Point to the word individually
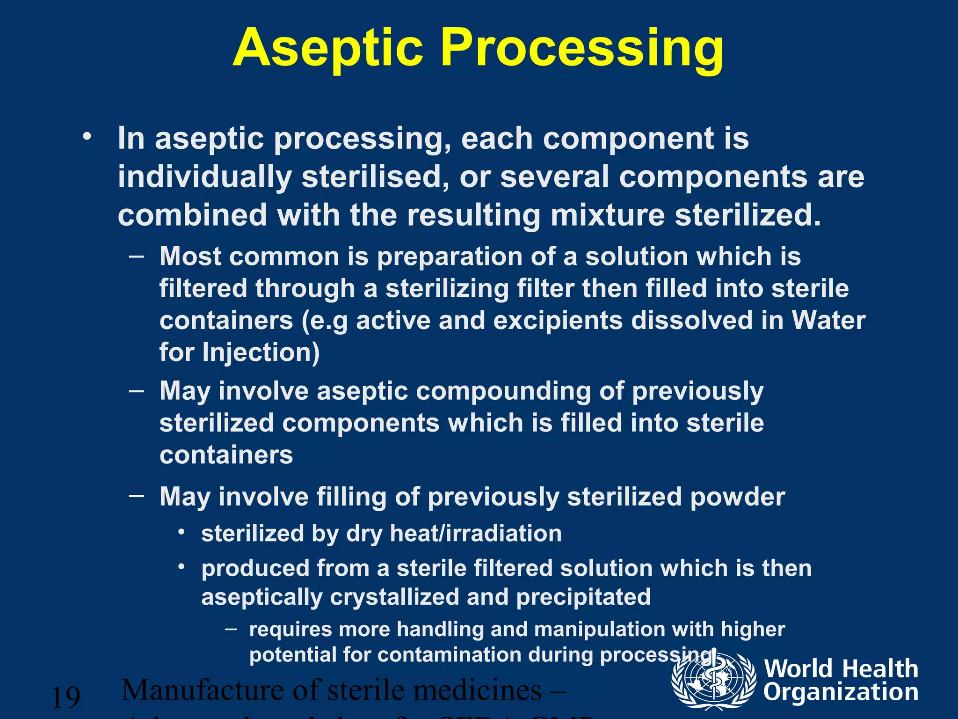point(204,177)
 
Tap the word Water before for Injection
point(828,321)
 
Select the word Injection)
point(261,352)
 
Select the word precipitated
point(583,597)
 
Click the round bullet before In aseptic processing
point(87,137)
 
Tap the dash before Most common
point(136,257)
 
